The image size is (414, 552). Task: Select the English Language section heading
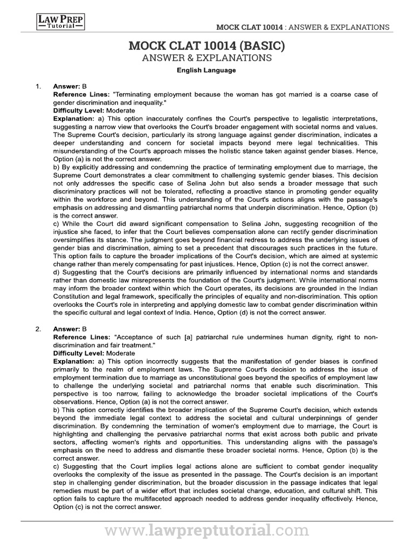(x=206, y=70)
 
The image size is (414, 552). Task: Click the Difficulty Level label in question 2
(x=79, y=353)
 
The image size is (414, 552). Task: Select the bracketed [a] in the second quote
(x=188, y=337)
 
